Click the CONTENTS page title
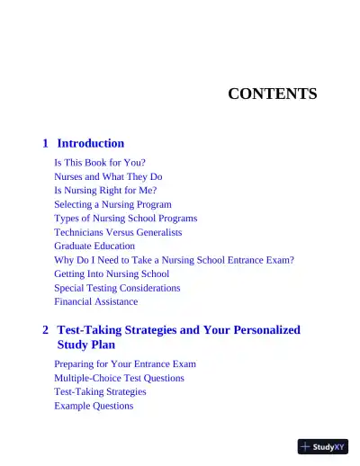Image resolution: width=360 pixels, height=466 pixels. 272,94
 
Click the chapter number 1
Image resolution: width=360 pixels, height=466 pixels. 46,143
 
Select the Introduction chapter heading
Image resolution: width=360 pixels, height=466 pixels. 90,143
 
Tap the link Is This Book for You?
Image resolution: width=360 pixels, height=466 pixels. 99,163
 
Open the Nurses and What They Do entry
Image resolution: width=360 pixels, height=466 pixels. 108,177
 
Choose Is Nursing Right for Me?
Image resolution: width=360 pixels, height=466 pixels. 105,191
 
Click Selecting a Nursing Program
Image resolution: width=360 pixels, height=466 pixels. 112,204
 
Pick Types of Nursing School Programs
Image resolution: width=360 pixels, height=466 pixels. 125,218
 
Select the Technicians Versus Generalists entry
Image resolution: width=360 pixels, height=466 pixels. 118,232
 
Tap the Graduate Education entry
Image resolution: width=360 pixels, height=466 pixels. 94,246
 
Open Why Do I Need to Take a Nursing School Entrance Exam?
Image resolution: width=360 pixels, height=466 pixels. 174,260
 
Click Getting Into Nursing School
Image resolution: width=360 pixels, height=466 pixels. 112,273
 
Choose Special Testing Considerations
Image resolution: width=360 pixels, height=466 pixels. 117,288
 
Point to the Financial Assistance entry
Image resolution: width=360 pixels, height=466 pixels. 96,301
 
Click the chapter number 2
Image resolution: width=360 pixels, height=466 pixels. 46,330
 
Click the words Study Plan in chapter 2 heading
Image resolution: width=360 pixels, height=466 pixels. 86,345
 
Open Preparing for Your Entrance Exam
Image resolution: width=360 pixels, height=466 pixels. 125,364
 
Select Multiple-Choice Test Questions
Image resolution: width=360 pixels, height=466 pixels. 119,378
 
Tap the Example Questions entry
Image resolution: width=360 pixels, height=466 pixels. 94,406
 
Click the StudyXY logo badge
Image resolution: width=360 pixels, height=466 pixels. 322,446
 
